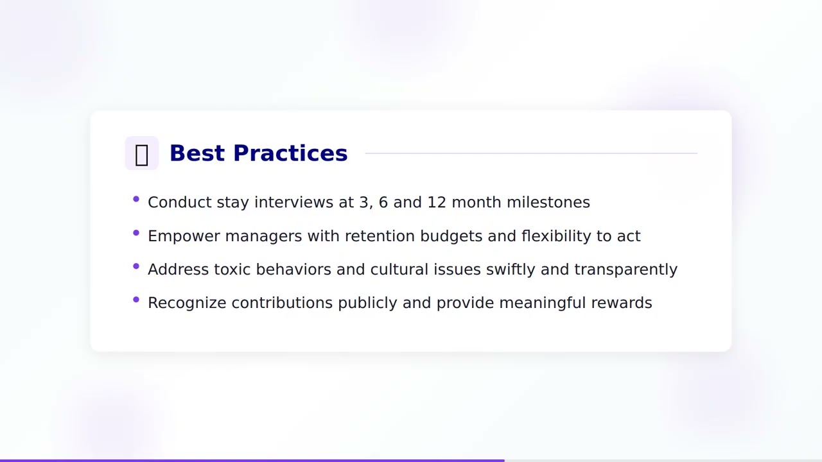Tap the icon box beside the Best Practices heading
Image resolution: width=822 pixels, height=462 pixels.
(x=141, y=153)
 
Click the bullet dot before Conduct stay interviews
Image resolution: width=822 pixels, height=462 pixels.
(x=136, y=200)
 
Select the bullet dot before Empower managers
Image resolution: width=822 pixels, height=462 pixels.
(x=136, y=233)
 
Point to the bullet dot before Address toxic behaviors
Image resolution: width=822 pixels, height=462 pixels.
(x=136, y=266)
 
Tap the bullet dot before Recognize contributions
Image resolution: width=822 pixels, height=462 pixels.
(x=136, y=300)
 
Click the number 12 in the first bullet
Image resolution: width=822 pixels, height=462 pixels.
(x=437, y=202)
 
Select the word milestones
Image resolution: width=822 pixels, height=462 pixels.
(x=548, y=202)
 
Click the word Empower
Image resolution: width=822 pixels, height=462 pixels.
(x=184, y=236)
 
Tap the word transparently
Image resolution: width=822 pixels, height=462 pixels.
(x=625, y=269)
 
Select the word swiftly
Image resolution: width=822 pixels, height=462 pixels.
(x=510, y=269)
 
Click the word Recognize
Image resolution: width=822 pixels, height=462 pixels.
(x=186, y=303)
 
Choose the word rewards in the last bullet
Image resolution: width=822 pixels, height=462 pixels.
(x=621, y=303)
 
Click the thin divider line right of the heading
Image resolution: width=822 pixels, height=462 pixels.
(x=530, y=153)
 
